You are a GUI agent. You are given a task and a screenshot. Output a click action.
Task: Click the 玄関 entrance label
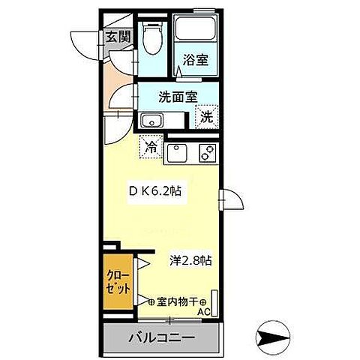click(116, 35)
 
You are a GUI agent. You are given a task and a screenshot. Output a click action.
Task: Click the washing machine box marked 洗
click(205, 116)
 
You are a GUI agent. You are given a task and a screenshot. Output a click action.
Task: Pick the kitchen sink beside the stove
click(178, 154)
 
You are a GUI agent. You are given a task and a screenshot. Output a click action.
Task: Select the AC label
click(204, 312)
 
